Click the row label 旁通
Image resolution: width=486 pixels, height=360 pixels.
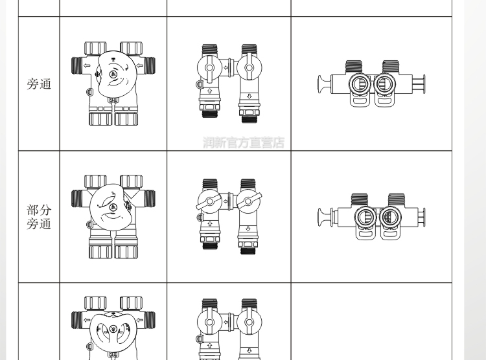coord(39,84)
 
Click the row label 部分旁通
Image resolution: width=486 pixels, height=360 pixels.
coord(39,217)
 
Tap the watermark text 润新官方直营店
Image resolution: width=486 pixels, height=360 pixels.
coord(244,142)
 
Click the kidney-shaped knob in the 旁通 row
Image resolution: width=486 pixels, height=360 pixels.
coord(116,74)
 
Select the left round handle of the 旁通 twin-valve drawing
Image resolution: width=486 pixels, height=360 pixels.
coord(209,68)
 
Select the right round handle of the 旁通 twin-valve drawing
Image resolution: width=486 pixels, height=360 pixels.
coord(249,68)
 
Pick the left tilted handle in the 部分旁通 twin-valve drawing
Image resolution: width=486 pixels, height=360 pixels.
coord(209,201)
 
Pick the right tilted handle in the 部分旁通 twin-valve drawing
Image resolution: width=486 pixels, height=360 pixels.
coord(248,201)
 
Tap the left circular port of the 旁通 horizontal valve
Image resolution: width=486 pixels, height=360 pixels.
coord(360,84)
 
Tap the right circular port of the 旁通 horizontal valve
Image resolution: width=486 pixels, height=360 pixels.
coord(385,84)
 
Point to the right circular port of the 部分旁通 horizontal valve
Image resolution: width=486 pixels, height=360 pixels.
coord(391,217)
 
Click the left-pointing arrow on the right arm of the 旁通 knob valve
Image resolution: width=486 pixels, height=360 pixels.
coord(140,65)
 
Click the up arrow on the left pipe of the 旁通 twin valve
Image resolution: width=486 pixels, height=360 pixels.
coord(209,91)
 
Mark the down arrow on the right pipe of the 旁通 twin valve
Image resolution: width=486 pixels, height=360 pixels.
coord(249,96)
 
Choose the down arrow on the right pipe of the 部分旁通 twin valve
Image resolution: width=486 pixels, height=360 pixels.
coord(248,229)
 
